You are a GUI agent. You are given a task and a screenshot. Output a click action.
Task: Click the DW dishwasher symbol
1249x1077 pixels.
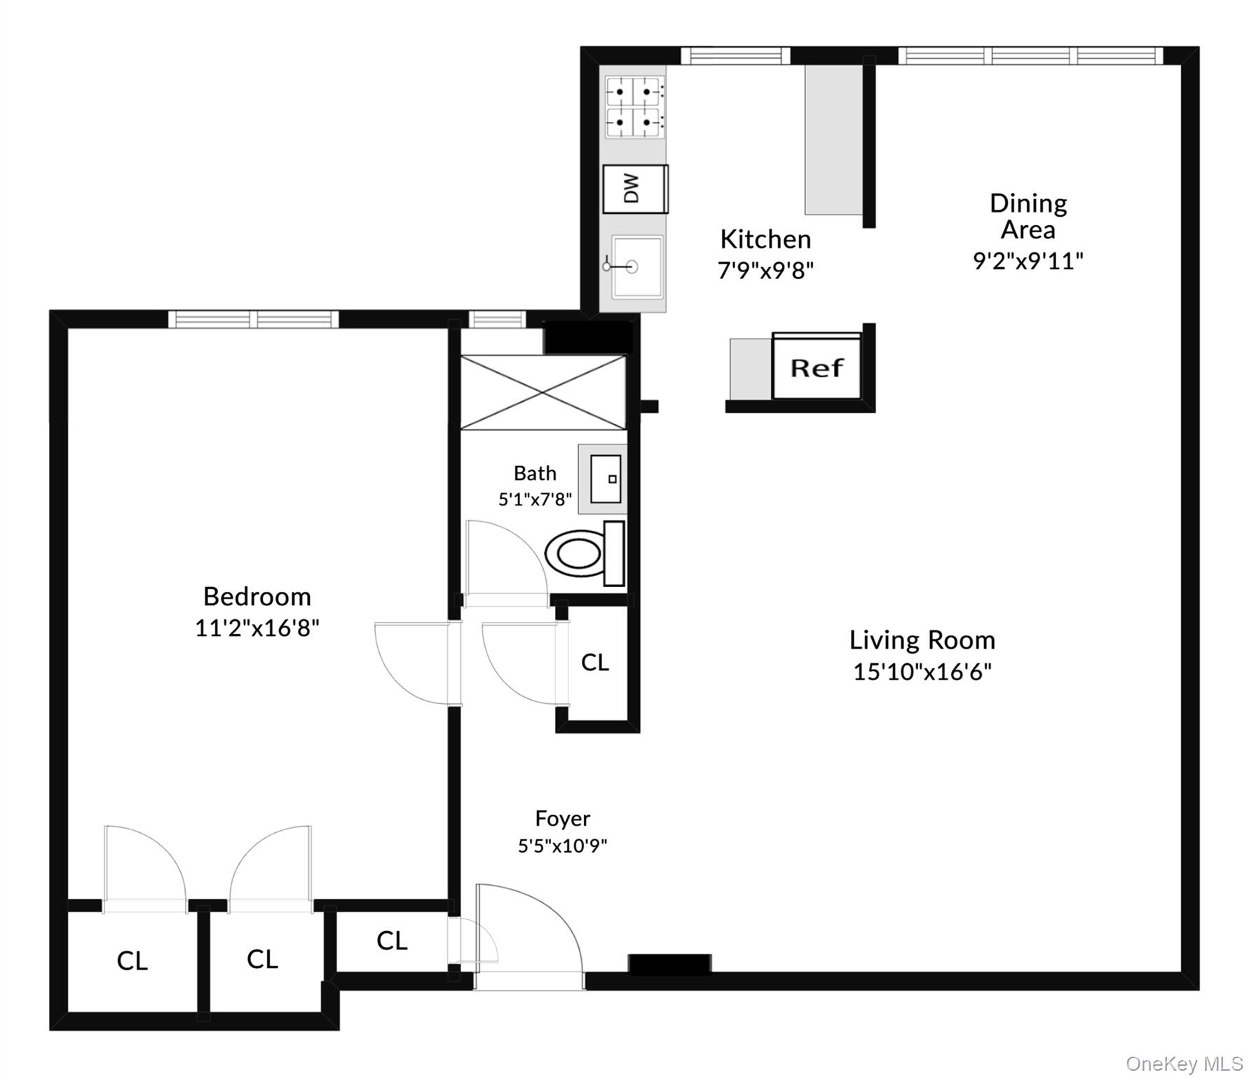click(x=634, y=189)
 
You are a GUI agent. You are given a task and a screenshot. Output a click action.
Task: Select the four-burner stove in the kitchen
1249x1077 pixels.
click(x=635, y=107)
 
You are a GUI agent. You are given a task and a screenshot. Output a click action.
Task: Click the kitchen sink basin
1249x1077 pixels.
click(x=636, y=266)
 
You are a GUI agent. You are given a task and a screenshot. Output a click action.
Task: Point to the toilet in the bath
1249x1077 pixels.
click(x=583, y=553)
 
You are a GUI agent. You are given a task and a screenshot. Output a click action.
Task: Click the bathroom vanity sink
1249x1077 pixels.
click(x=605, y=479)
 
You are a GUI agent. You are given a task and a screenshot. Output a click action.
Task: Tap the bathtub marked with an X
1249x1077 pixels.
click(x=542, y=392)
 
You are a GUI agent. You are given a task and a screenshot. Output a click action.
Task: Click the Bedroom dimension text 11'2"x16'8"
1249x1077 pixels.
click(x=257, y=628)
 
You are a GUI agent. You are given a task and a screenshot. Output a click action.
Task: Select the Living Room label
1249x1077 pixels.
click(x=922, y=640)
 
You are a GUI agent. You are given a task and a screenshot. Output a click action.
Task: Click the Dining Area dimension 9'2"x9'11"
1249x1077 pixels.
click(x=1028, y=261)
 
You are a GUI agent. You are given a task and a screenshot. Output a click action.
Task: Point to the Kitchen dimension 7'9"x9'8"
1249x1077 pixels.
click(x=765, y=270)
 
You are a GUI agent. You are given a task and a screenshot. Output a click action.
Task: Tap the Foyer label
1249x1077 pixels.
click(x=562, y=818)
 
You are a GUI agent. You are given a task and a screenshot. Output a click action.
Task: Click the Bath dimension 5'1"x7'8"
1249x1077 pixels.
click(x=535, y=499)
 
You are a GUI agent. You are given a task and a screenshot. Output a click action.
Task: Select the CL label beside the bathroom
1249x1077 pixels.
click(x=595, y=662)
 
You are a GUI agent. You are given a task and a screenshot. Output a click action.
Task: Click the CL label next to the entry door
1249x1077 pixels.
click(x=392, y=940)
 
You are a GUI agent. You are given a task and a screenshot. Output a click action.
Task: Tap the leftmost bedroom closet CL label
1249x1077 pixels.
click(x=132, y=961)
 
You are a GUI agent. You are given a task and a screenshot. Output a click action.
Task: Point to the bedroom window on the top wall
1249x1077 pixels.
click(x=253, y=320)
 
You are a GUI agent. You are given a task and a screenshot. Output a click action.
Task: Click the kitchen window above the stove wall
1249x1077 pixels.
click(x=735, y=55)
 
